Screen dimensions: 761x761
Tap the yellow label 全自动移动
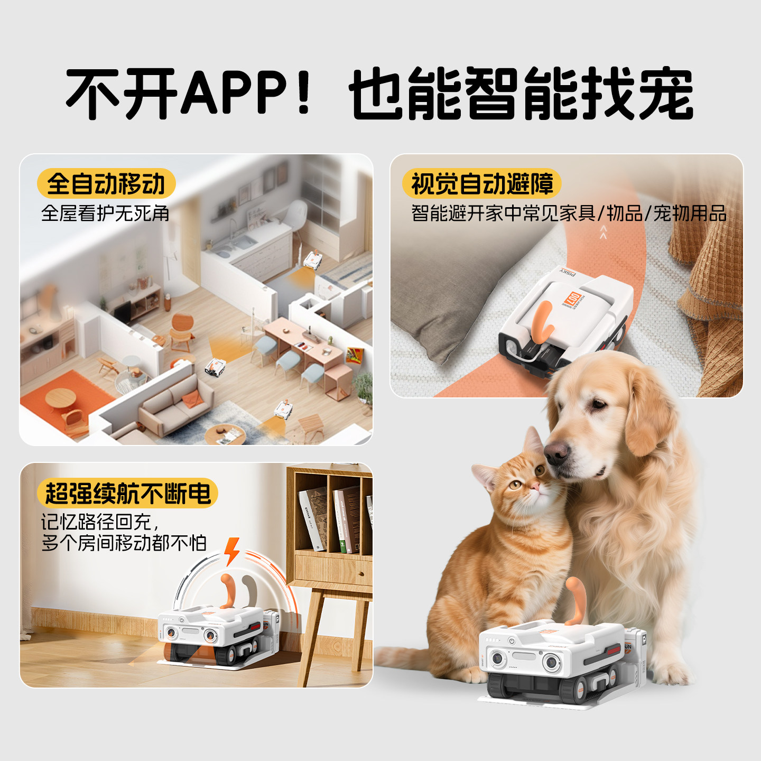[106, 184]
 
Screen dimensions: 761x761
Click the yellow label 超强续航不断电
[127, 494]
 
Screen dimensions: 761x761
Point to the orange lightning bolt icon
[232, 551]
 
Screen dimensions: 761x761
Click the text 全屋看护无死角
[105, 214]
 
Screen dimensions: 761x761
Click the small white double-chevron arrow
[603, 232]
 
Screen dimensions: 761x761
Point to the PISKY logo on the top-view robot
[569, 273]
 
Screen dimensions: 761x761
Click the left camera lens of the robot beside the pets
[497, 658]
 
